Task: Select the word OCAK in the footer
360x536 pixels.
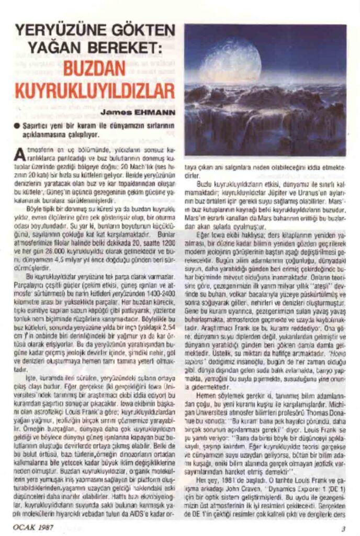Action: point(25,527)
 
